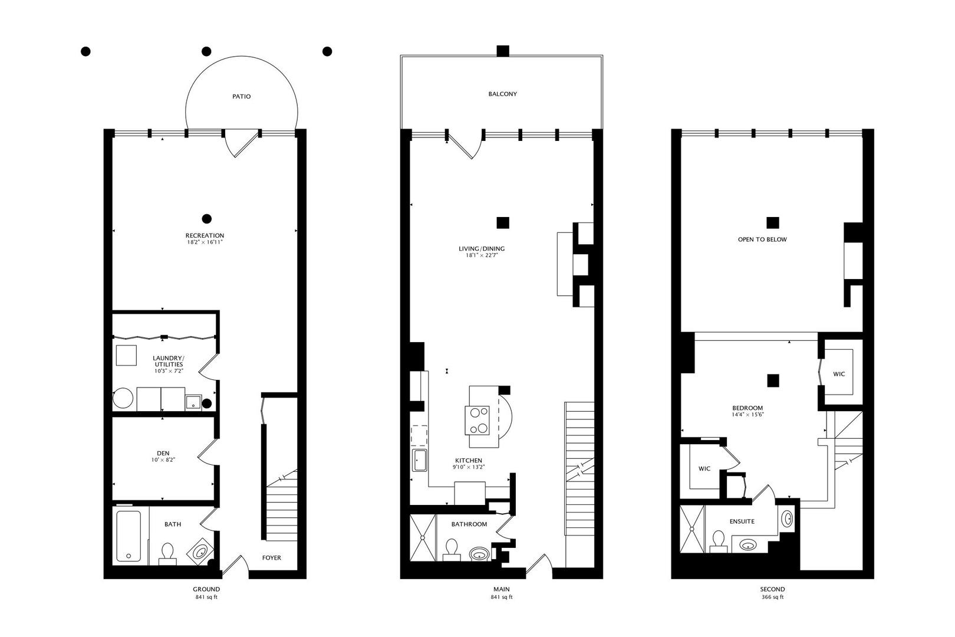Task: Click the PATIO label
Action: click(x=241, y=96)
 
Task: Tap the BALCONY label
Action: click(x=502, y=94)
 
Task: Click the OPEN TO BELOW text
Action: click(x=762, y=239)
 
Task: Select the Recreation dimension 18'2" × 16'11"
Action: click(x=205, y=242)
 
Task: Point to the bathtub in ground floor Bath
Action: click(x=129, y=536)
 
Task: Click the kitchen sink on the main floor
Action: click(x=420, y=460)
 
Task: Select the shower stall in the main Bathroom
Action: click(x=423, y=538)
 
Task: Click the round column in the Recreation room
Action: click(x=206, y=219)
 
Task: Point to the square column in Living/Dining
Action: click(x=502, y=222)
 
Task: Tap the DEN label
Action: click(x=163, y=453)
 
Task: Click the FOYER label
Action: click(x=272, y=557)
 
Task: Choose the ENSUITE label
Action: click(x=742, y=521)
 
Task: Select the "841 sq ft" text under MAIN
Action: click(x=502, y=597)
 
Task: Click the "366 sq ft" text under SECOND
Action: click(x=772, y=597)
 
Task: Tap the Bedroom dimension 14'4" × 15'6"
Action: click(x=747, y=415)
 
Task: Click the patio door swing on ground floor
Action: click(x=241, y=143)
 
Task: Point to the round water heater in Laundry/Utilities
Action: click(x=124, y=399)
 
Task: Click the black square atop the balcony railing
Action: click(x=502, y=51)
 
